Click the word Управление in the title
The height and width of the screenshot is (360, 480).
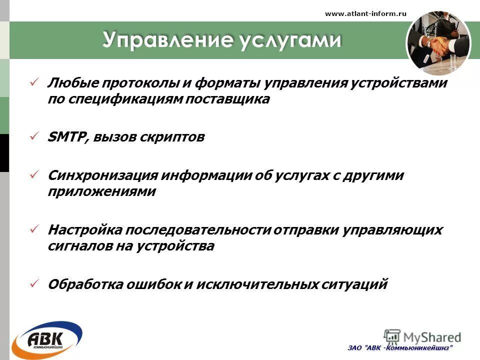pos(167,40)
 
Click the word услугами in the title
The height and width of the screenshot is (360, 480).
pos(290,40)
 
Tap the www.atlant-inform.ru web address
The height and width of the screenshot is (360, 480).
pos(365,14)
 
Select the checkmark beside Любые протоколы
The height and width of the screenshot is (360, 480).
pos(34,81)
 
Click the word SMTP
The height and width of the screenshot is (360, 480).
pos(67,137)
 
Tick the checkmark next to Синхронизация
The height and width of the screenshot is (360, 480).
pos(34,175)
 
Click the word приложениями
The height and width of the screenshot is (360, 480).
pos(101,192)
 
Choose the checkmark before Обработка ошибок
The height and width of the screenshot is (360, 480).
pos(34,283)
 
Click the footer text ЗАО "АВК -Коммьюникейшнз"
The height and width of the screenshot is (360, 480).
pos(400,347)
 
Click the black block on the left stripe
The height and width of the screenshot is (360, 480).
pos(4,153)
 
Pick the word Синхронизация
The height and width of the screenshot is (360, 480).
pos(102,175)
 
